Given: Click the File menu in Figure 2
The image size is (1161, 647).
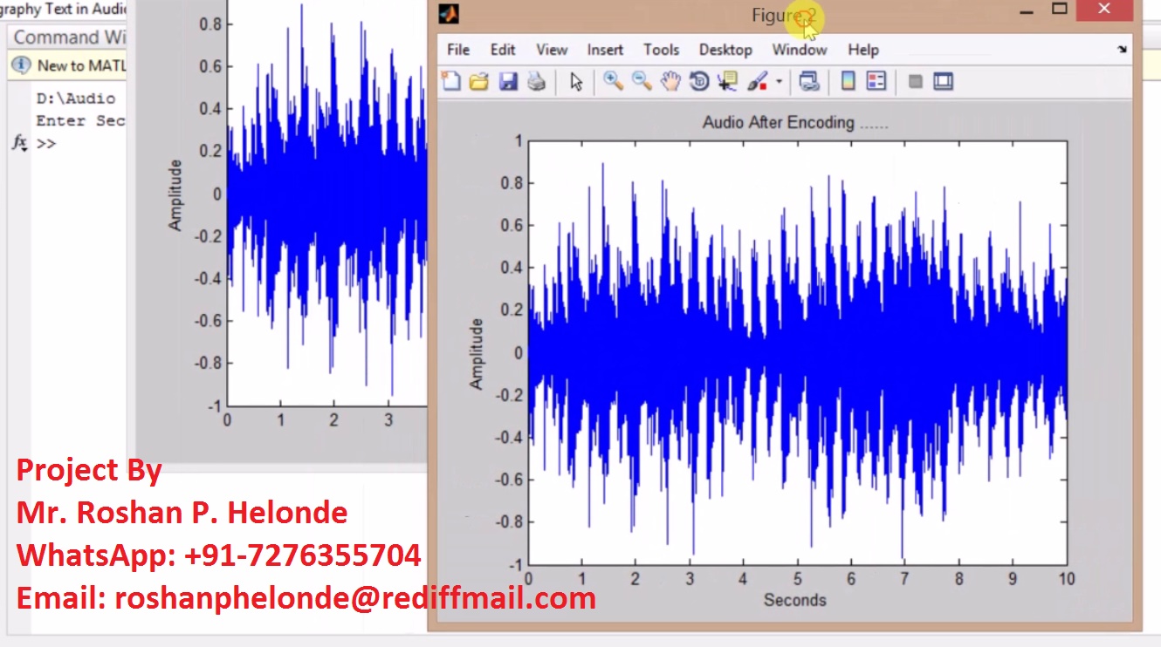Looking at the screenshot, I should [458, 50].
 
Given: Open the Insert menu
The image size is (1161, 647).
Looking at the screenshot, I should [605, 50].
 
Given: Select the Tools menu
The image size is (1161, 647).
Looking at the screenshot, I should [661, 50].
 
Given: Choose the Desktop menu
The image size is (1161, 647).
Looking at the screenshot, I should [725, 50].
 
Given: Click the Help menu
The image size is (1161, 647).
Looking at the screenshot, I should [863, 50].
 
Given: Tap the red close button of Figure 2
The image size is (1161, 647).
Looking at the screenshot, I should [1104, 10].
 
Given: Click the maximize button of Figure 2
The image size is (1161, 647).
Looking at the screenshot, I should [1060, 10].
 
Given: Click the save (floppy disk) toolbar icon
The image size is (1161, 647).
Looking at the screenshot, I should [508, 82].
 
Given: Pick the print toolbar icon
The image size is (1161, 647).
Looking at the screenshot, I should [536, 82].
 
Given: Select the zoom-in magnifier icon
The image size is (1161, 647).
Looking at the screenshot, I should [613, 81].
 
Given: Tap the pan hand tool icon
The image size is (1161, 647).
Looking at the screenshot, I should [670, 82].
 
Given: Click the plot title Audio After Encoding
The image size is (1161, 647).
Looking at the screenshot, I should [794, 123].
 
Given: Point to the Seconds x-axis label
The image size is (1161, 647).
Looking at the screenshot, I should [794, 600].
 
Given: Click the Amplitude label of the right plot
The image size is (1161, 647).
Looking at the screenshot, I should [477, 353].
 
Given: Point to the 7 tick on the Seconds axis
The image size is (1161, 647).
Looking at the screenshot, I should [904, 579].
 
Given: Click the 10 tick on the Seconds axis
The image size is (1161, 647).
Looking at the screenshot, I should [1066, 579].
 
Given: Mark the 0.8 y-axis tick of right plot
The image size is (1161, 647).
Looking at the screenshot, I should [512, 183].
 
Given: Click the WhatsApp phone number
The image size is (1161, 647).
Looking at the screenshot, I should [303, 555].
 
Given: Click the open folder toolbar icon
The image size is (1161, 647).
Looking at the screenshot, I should [478, 82].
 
